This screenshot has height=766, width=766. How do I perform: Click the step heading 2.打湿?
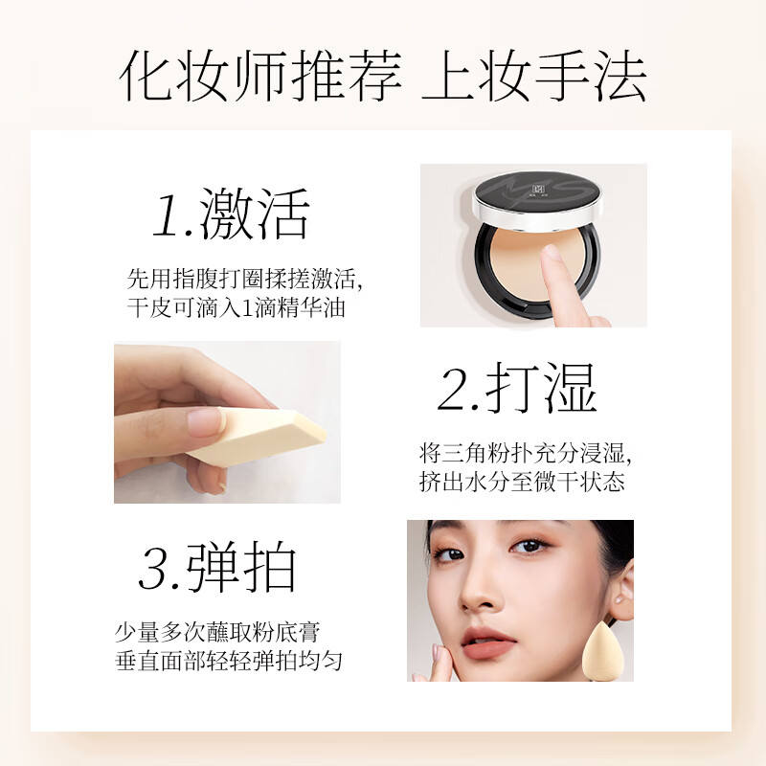pos(517,388)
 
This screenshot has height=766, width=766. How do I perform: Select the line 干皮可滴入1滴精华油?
pos(236,308)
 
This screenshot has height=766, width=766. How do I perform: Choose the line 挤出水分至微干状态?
pos(522,482)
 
